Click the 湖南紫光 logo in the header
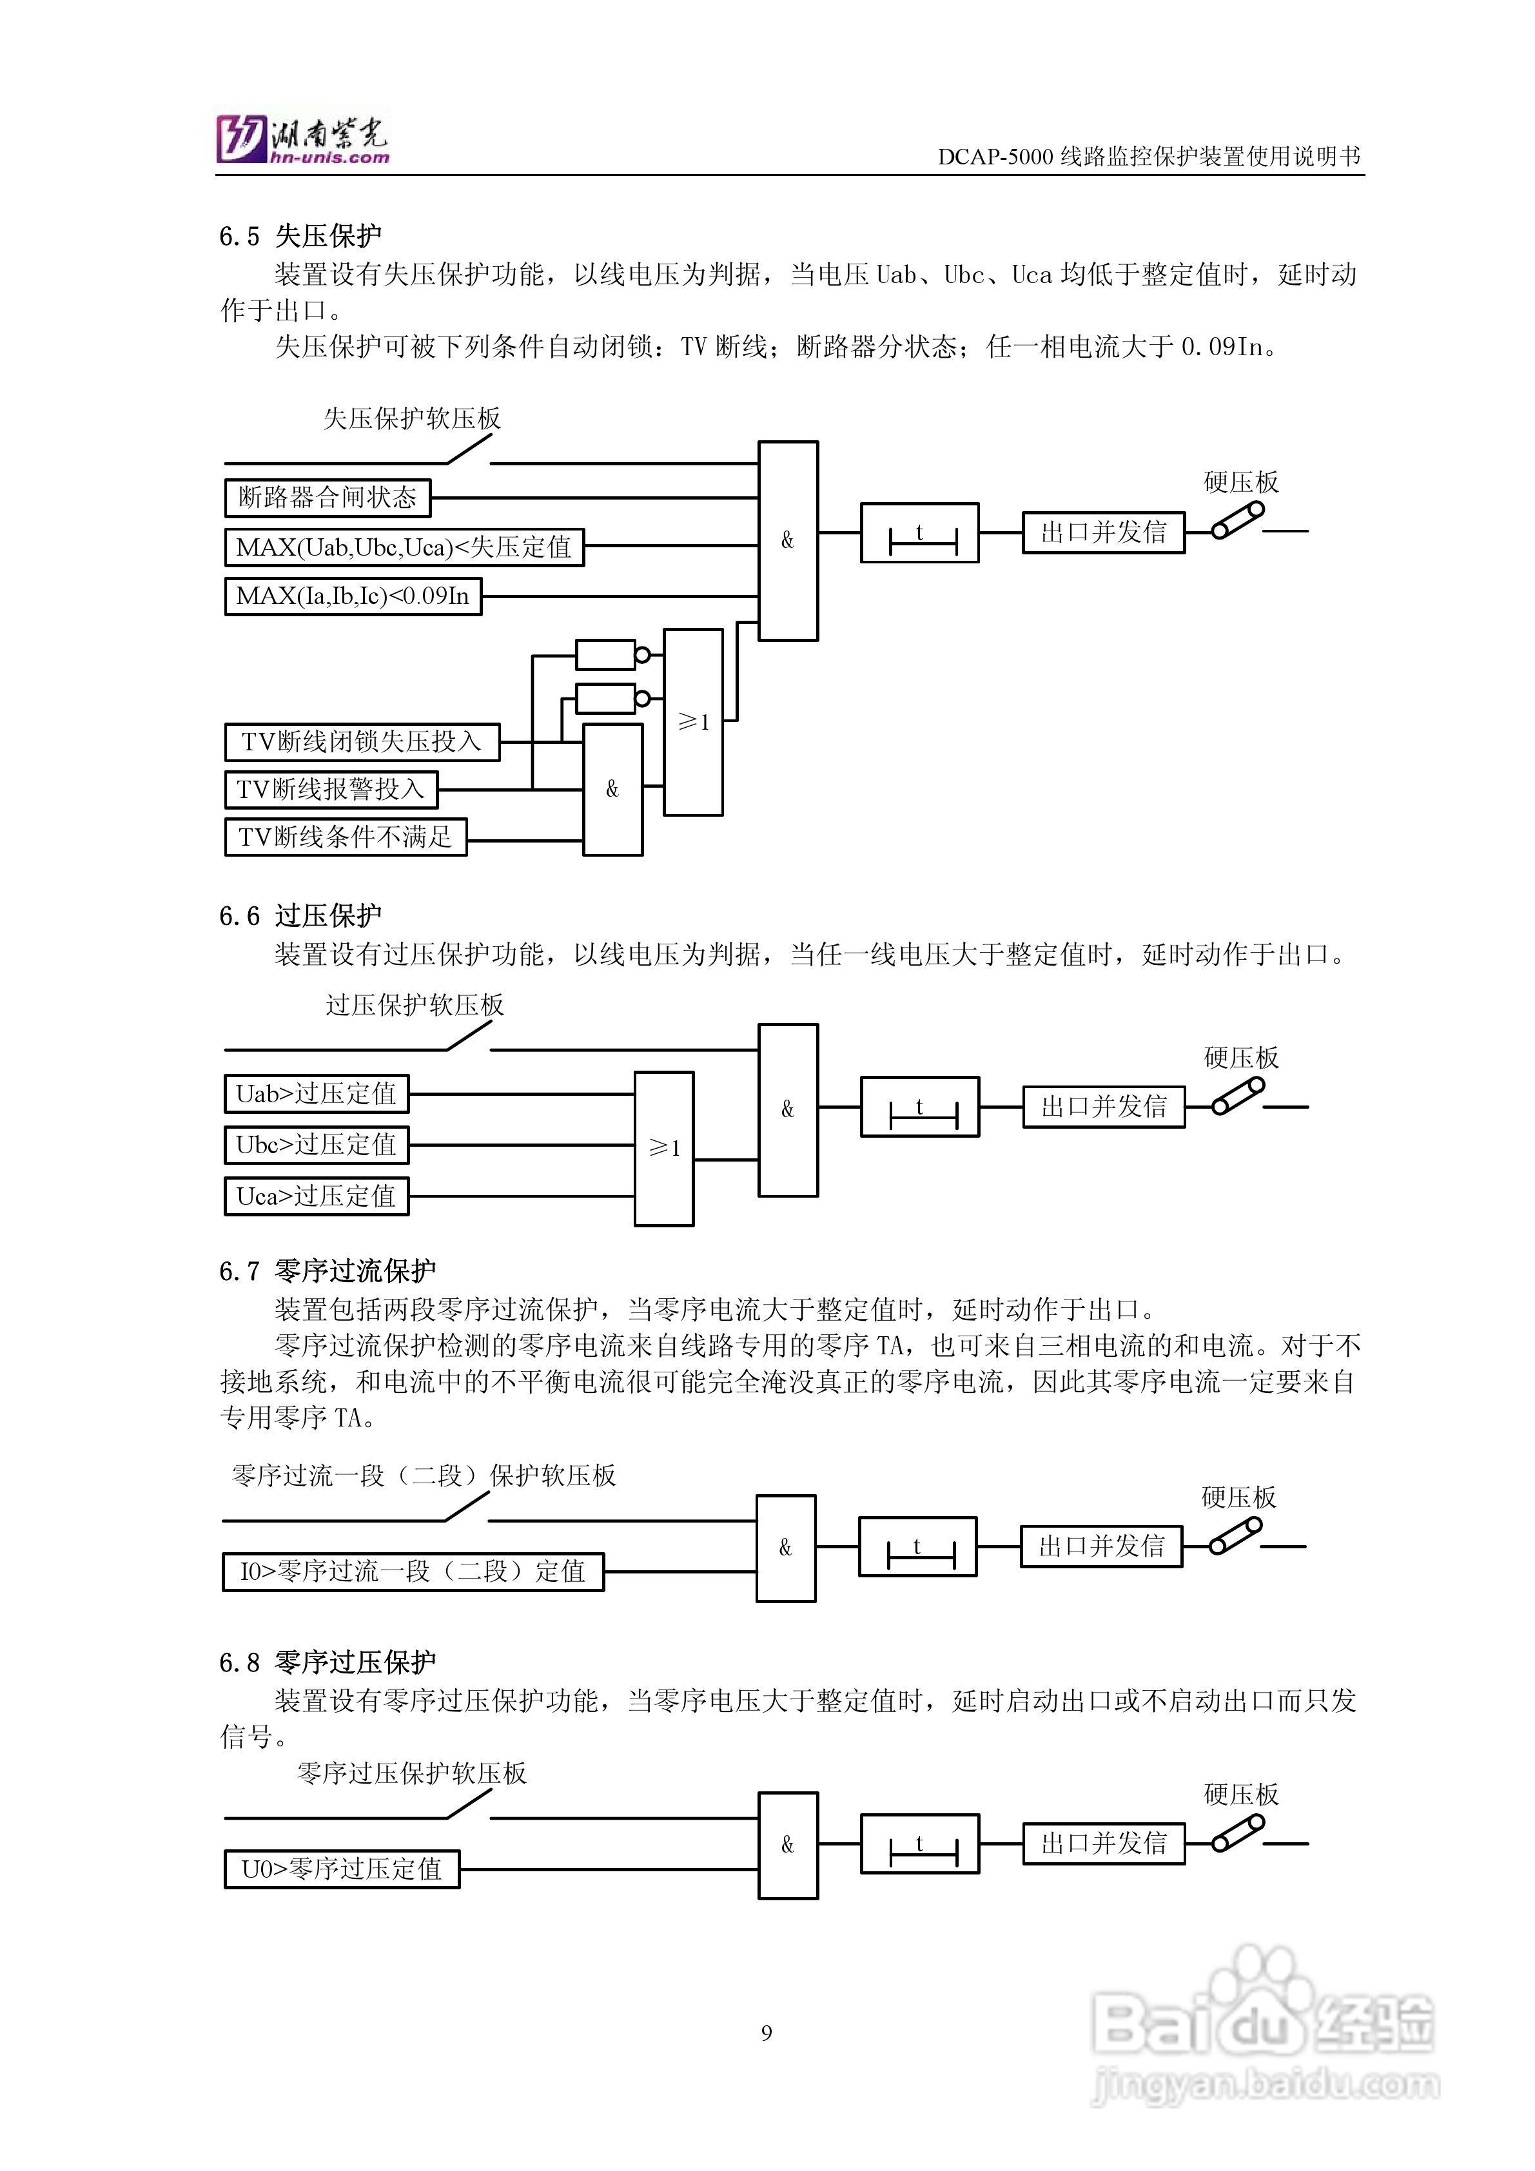302,140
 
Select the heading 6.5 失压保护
301,235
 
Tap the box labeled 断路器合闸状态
328,498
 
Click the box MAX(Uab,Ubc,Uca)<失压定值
404,547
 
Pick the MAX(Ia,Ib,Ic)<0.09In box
353,596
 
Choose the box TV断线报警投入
331,788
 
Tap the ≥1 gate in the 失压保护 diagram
693,721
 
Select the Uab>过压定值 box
316,1094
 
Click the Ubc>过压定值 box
316,1145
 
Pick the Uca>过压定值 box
316,1196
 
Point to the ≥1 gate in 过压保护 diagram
664,1148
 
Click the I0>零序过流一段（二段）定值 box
413,1572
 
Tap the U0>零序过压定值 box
342,1869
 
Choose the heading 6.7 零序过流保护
328,1271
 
